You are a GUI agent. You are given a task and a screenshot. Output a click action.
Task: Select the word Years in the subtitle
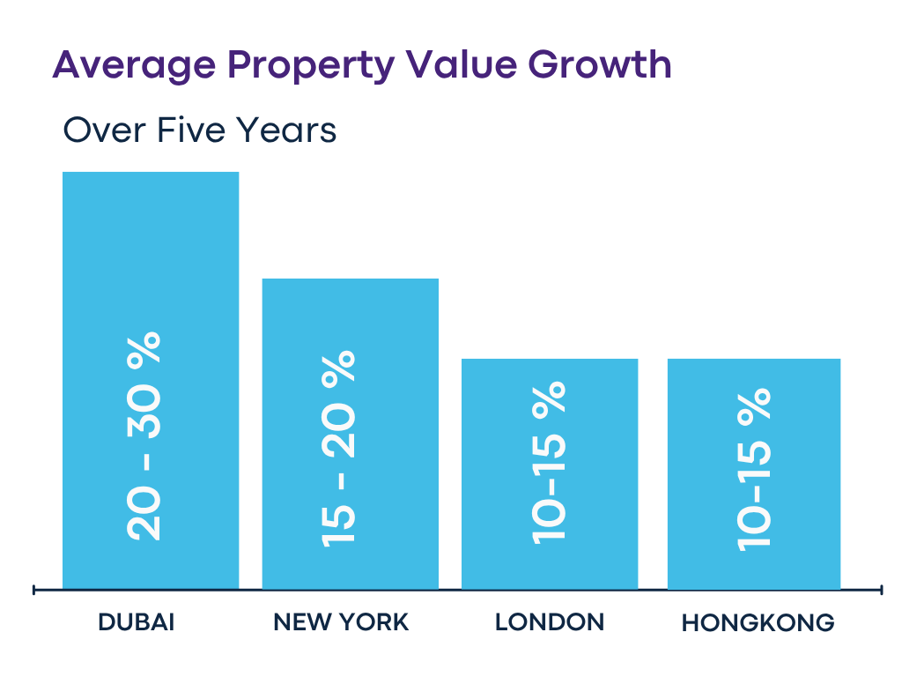(x=285, y=130)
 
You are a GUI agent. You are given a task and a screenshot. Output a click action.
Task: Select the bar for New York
(x=350, y=317)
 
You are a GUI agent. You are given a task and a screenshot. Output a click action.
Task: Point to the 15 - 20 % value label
(x=339, y=447)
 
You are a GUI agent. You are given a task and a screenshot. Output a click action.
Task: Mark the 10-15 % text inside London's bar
(x=547, y=463)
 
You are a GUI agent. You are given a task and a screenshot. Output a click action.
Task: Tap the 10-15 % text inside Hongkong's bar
(x=753, y=467)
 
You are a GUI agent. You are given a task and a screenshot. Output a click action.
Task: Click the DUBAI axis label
(x=137, y=622)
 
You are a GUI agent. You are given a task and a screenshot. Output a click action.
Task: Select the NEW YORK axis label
(x=341, y=622)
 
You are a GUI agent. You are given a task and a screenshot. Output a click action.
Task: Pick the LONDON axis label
(x=550, y=622)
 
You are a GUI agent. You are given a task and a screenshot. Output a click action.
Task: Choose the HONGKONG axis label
(x=758, y=623)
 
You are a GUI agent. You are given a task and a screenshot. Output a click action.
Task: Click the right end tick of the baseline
(x=881, y=590)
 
